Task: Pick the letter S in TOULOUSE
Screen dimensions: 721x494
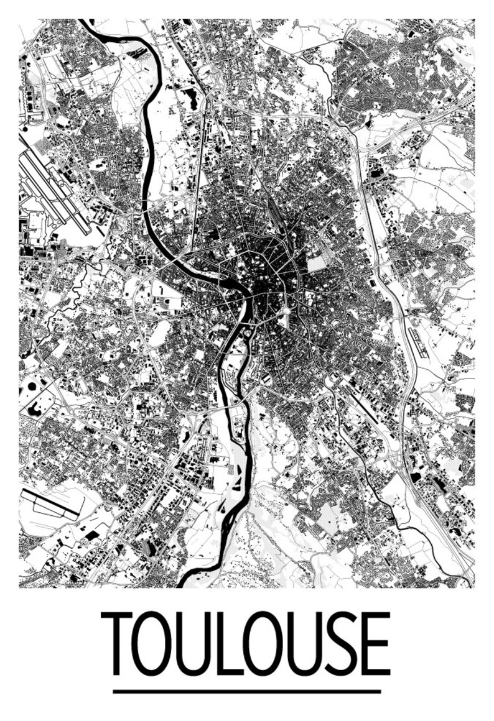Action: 336,644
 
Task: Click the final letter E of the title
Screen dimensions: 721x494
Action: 375,644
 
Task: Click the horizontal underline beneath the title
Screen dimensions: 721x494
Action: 246,691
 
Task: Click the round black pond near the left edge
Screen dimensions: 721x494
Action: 32,387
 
